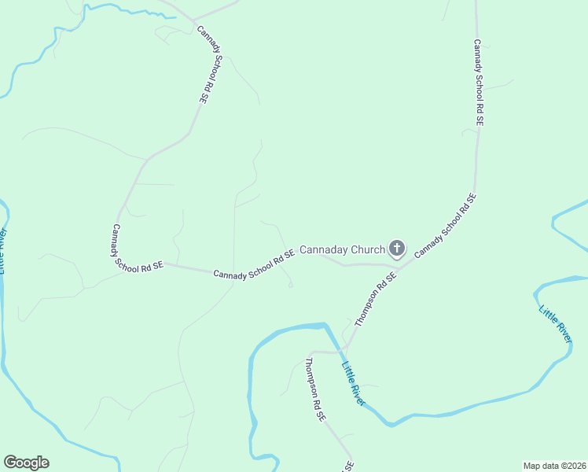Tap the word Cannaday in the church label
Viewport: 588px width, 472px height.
325,250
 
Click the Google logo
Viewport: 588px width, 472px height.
26,463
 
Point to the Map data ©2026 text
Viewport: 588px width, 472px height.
553,465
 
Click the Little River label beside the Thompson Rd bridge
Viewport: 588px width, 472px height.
353,383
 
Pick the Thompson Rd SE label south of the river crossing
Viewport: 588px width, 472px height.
314,391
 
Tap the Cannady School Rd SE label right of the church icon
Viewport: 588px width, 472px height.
446,227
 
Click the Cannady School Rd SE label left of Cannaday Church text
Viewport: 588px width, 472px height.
254,264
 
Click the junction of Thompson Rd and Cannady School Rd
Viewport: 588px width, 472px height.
403,265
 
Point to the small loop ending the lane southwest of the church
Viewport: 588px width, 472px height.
290,286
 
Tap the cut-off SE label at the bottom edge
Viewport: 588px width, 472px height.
346,466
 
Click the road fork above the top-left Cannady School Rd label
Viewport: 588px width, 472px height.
193,20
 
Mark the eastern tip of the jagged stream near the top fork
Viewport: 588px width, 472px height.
175,16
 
